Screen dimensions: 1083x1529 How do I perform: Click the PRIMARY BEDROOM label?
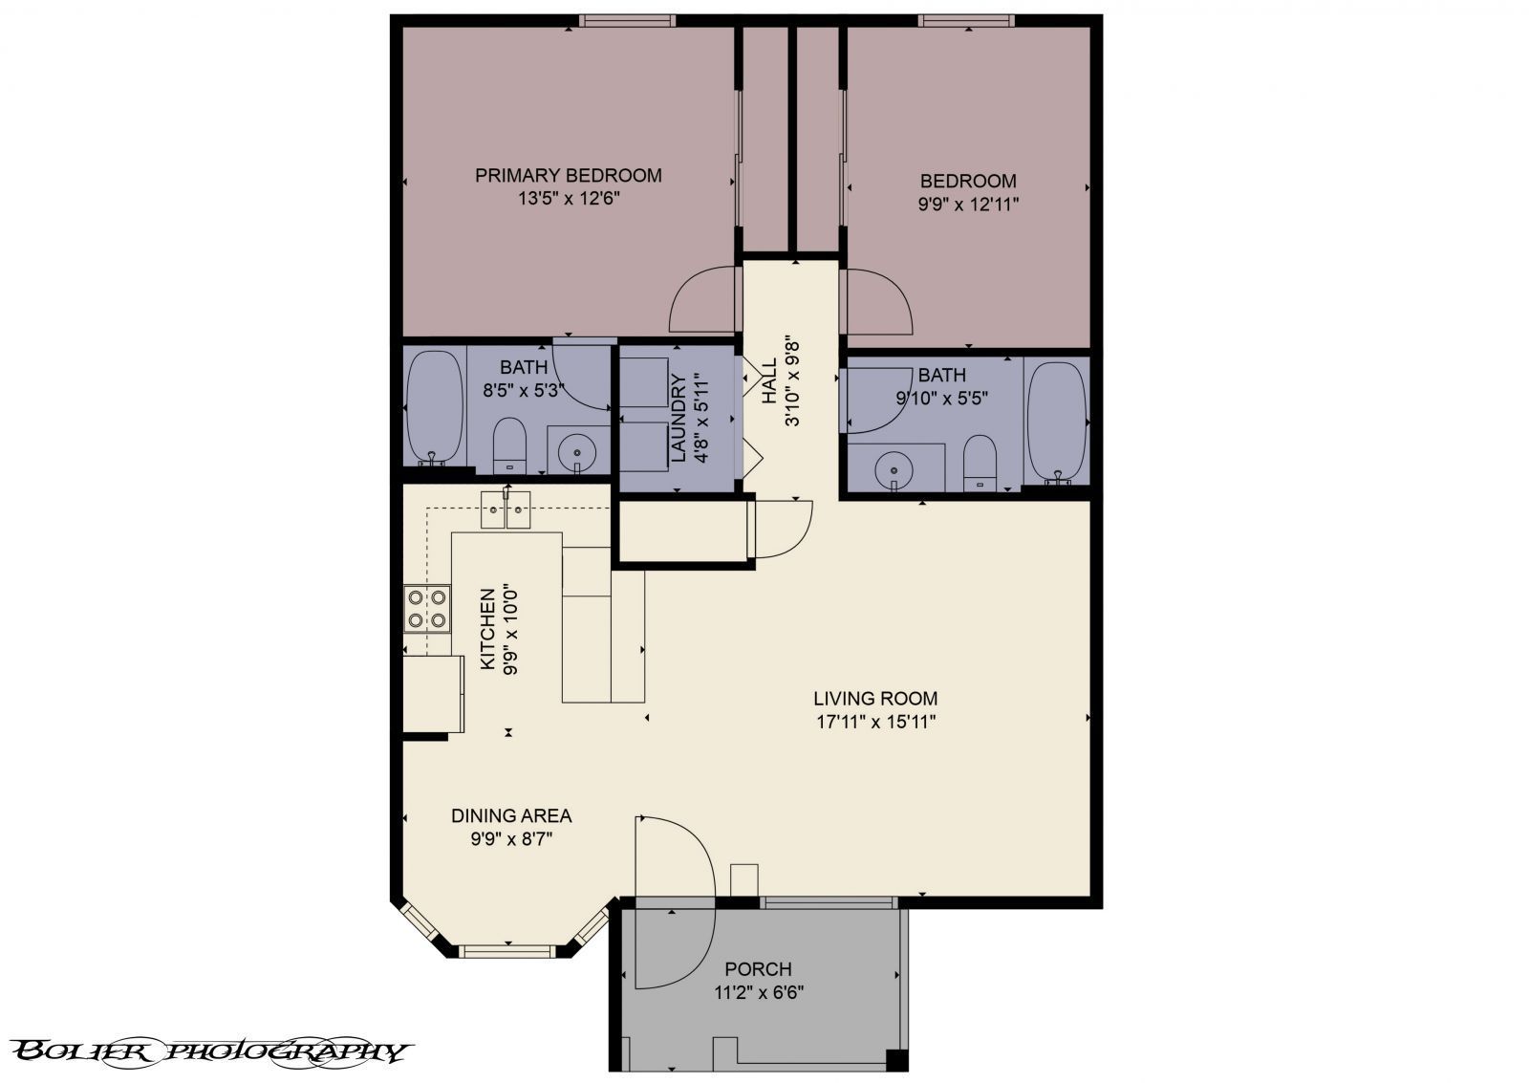coord(569,176)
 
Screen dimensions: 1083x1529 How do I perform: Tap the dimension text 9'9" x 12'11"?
coord(967,204)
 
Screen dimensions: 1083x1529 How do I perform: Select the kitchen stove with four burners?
coord(427,608)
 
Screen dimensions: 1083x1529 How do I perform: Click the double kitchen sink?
coord(506,509)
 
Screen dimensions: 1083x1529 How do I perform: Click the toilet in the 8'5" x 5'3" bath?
coord(509,445)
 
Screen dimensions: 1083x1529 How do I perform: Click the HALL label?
coord(769,380)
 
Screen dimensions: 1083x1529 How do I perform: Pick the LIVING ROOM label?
coord(875,699)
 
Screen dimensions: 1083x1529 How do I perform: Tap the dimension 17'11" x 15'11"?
coord(875,722)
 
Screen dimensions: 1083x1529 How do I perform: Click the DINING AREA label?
coord(511,816)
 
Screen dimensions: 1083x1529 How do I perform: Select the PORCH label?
coord(758,969)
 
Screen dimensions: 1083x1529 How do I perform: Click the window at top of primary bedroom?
coord(627,20)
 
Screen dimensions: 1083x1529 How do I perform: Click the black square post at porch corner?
coord(895,1060)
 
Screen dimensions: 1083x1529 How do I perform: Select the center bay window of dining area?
coord(506,951)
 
